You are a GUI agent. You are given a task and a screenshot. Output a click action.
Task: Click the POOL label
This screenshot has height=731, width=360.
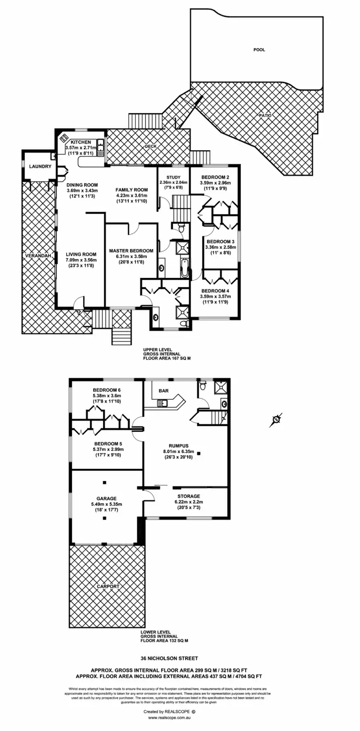(x=259, y=49)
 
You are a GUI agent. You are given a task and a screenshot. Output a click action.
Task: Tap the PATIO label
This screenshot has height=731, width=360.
(x=265, y=115)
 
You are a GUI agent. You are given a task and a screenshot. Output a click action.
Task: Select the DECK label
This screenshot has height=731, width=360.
(x=151, y=147)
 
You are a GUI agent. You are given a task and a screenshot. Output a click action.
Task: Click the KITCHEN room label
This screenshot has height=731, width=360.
(x=81, y=143)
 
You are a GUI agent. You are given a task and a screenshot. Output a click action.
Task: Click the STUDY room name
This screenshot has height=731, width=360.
(x=173, y=177)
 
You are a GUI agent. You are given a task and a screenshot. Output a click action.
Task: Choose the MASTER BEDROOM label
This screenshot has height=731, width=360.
(x=131, y=251)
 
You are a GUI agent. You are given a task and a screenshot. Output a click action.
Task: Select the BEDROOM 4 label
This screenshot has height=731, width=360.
(x=215, y=291)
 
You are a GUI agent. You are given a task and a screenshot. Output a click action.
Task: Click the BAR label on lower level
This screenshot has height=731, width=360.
(x=163, y=391)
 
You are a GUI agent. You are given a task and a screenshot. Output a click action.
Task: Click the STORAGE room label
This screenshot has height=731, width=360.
(x=189, y=496)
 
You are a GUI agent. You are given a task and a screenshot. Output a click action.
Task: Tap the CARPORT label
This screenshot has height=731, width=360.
(x=108, y=586)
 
